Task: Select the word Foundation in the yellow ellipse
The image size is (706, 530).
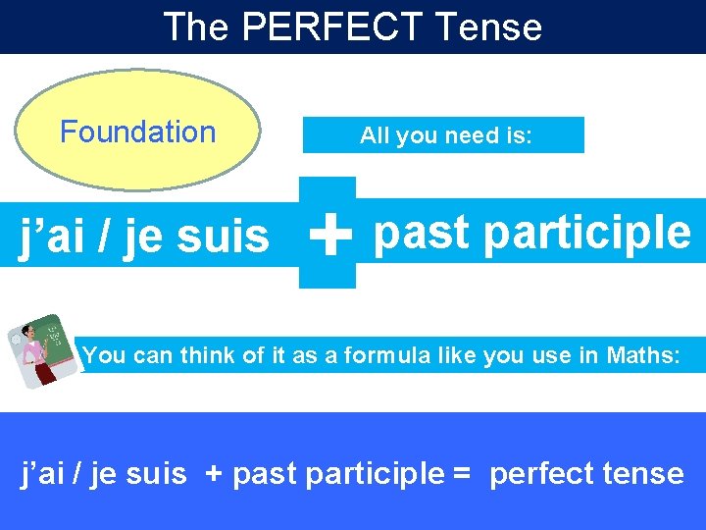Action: click(x=138, y=132)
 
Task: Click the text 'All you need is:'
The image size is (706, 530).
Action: click(x=446, y=135)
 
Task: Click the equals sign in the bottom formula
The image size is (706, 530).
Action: click(x=462, y=474)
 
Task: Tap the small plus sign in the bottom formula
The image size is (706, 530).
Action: click(x=214, y=474)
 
